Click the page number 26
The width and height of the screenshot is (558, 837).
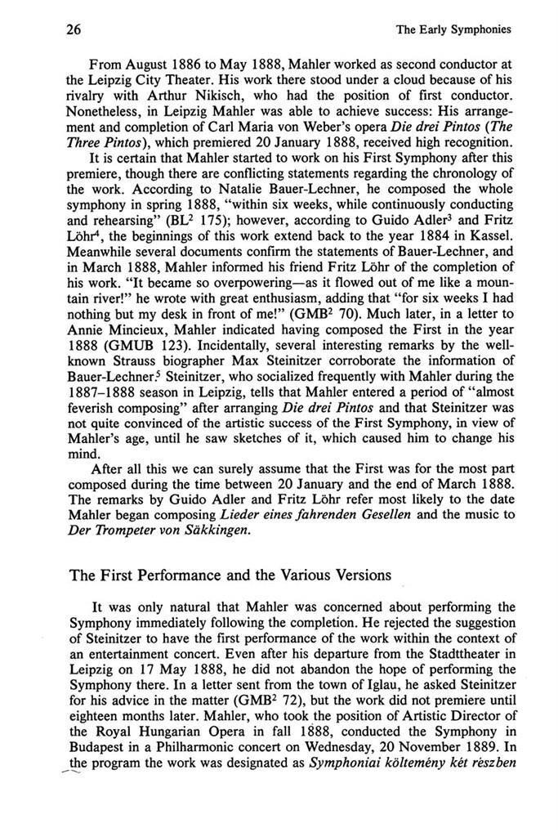click(x=55, y=30)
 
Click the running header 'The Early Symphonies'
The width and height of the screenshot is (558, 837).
click(x=453, y=30)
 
